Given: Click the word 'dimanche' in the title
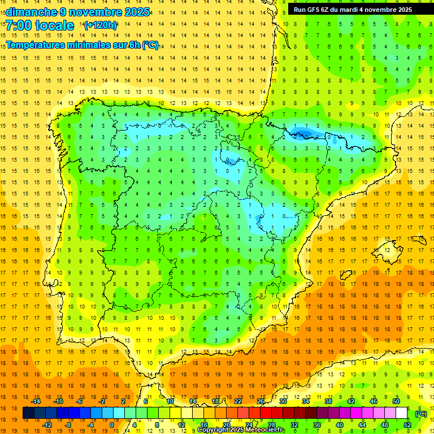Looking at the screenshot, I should (31, 12).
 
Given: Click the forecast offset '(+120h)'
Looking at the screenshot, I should (101, 25).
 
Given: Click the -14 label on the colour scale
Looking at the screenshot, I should (36, 401).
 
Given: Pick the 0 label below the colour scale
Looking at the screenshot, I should (112, 425).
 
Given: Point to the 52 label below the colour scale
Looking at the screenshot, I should (407, 425).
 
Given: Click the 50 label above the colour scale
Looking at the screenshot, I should (396, 401).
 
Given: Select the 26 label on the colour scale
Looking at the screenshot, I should (261, 401).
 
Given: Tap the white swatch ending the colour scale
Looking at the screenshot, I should (402, 413).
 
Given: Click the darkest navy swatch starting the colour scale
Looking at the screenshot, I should (28, 413).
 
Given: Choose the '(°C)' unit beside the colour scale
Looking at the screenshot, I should (421, 413).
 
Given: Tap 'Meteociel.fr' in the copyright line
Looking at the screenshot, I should (265, 430).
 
